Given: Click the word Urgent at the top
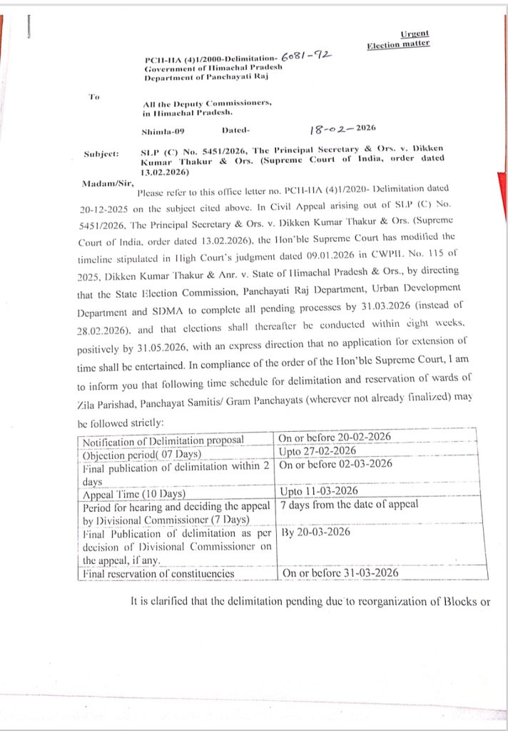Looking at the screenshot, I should [415, 34].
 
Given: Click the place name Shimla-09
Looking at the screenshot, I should [163, 131].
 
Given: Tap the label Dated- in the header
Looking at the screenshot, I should [238, 131].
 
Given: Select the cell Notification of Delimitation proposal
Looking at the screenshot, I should [163, 438].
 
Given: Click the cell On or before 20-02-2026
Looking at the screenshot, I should [335, 438].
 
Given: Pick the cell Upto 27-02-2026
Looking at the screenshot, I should [317, 451].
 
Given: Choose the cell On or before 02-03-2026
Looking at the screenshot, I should [335, 464].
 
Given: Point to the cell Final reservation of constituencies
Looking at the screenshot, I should [158, 573].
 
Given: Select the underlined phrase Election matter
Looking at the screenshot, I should [398, 44].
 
